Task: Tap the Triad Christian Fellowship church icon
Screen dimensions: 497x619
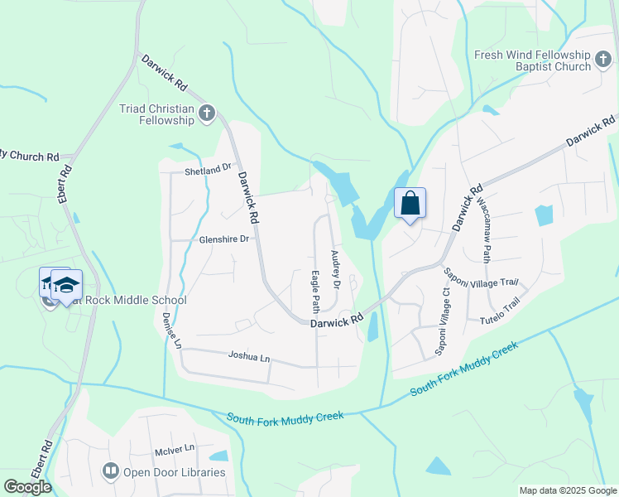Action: (207, 112)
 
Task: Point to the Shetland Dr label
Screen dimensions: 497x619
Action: (208, 170)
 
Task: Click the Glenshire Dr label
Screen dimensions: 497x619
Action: (223, 239)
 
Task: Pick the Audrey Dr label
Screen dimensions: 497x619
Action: (336, 270)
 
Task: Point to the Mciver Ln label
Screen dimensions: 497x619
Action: (174, 448)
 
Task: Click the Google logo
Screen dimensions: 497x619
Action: (27, 486)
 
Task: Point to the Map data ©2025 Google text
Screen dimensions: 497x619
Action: (567, 490)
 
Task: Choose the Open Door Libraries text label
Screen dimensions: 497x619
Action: (174, 472)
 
